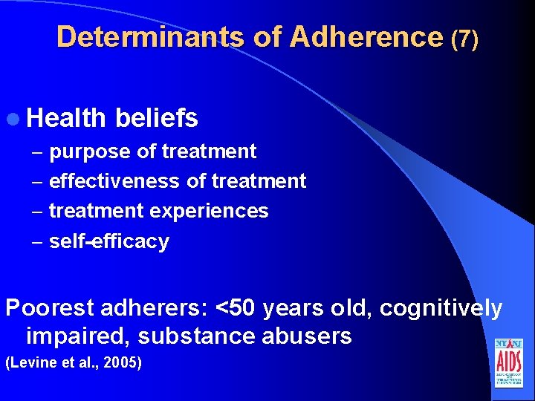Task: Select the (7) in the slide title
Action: click(464, 39)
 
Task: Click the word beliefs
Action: click(157, 117)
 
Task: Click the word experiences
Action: click(209, 211)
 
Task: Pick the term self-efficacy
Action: click(109, 241)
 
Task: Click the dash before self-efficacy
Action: click(37, 242)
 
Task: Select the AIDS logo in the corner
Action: click(508, 363)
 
